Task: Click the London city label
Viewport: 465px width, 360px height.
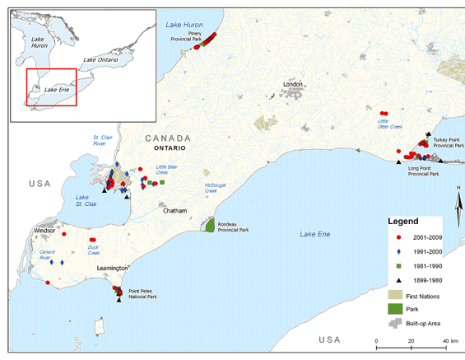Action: (293, 85)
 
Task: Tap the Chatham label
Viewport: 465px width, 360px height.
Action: (175, 211)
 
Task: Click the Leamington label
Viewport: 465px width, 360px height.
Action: (112, 269)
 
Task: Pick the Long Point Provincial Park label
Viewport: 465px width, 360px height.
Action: (424, 171)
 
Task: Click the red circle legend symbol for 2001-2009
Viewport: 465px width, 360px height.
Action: (397, 236)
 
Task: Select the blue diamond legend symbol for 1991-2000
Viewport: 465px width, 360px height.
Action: (397, 250)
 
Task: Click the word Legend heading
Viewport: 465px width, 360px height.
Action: (403, 222)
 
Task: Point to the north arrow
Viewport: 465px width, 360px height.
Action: (458, 202)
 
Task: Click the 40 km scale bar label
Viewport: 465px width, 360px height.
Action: (449, 341)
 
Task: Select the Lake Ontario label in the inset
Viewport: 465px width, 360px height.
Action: (101, 60)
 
